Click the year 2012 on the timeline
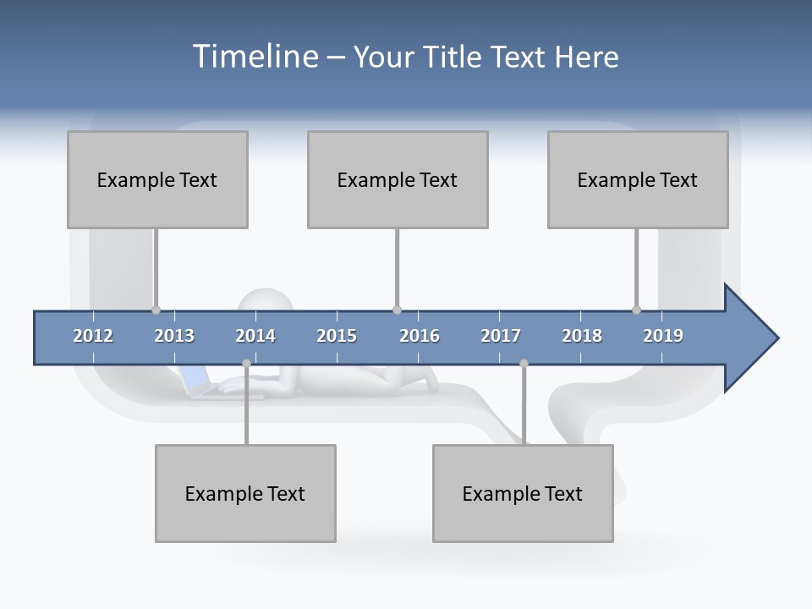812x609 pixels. (x=93, y=336)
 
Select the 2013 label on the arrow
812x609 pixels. (x=174, y=336)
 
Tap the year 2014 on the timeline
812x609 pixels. (x=255, y=336)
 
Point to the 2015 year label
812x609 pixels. (x=337, y=336)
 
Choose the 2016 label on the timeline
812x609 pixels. (x=420, y=336)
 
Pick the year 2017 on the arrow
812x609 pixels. (x=501, y=336)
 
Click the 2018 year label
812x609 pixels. (x=582, y=336)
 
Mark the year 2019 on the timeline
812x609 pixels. (x=663, y=336)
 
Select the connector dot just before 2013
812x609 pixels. (x=156, y=310)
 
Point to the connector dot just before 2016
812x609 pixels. (x=398, y=310)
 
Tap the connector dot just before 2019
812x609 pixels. (x=637, y=310)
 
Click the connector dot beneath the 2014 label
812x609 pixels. (x=246, y=363)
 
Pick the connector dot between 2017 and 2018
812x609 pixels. (x=524, y=363)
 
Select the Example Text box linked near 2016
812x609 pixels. (x=398, y=179)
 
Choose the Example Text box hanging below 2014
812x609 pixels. (x=245, y=493)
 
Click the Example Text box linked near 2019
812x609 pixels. (x=638, y=179)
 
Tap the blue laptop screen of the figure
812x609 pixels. (x=194, y=378)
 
